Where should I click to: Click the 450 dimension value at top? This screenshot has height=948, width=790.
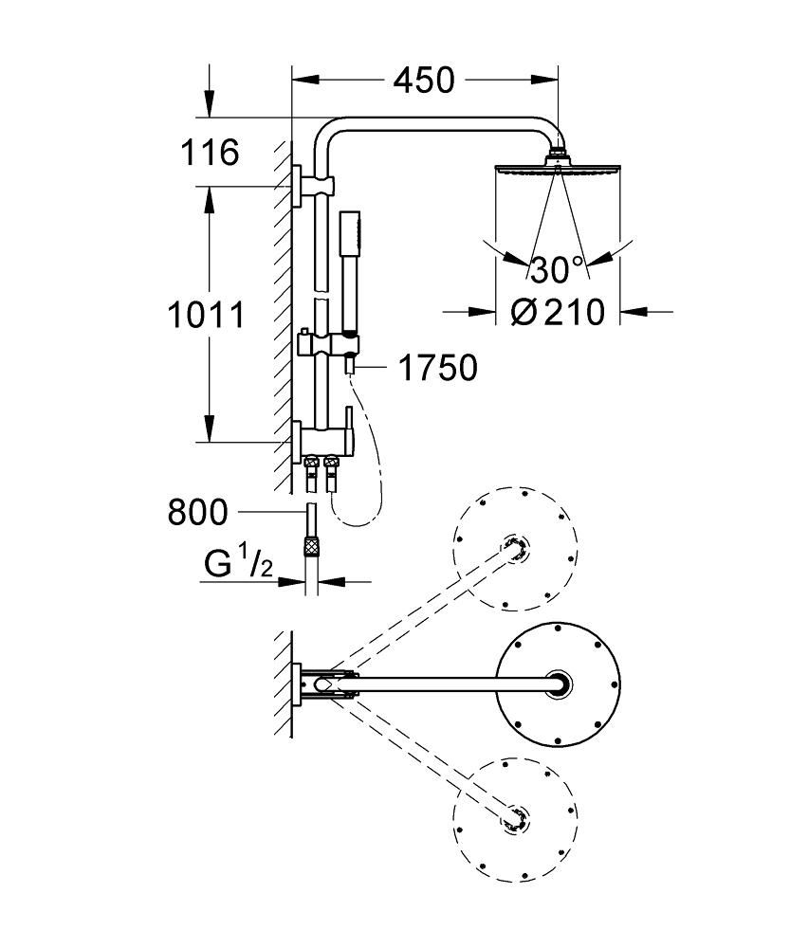(424, 81)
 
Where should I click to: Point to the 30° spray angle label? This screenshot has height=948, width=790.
(558, 270)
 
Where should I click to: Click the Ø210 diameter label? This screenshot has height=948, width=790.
(558, 311)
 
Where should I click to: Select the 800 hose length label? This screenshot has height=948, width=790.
(197, 513)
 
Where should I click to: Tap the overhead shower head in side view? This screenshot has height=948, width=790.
(558, 171)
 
